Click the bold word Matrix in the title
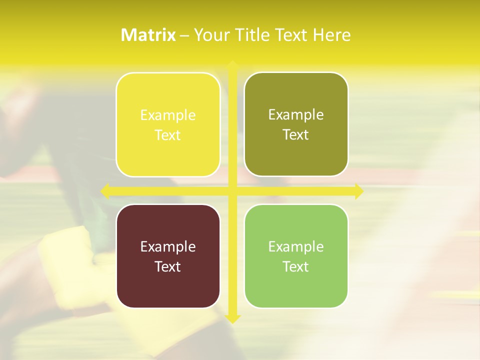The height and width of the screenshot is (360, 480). click(x=148, y=35)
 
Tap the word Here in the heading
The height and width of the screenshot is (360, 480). click(x=332, y=35)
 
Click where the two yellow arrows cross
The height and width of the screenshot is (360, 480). click(x=232, y=191)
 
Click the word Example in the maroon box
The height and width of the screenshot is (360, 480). click(x=168, y=246)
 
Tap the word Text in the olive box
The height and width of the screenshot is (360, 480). click(x=296, y=135)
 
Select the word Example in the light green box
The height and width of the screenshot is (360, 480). click(x=296, y=246)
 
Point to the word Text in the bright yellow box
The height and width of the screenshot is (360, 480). click(x=168, y=135)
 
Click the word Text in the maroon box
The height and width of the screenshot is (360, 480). click(x=168, y=266)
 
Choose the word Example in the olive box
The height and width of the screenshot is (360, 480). click(x=296, y=115)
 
